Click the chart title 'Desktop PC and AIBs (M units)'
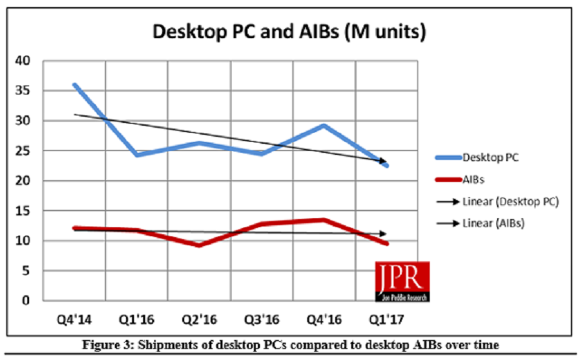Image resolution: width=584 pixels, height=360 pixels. point(289,31)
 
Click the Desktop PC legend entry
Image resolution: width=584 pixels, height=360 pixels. point(490,158)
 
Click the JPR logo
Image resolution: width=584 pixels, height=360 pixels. point(402,281)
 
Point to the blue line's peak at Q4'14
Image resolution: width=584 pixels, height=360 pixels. point(74,85)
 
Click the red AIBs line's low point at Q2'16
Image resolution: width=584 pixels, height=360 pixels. point(200,245)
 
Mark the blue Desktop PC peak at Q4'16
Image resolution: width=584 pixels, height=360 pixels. point(325,126)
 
